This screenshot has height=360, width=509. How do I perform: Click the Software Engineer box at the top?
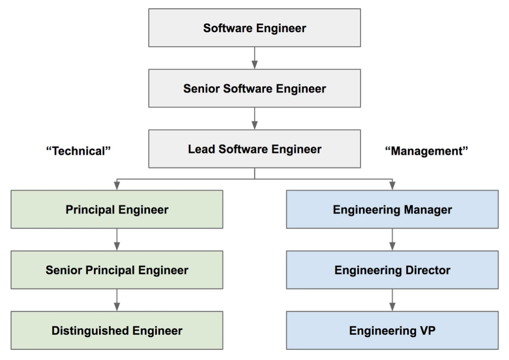click(255, 28)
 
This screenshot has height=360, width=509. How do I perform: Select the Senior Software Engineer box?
click(255, 89)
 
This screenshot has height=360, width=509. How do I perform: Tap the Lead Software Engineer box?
click(255, 149)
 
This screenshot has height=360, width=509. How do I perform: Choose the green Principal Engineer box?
click(117, 209)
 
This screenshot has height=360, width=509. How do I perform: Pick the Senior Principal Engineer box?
click(117, 270)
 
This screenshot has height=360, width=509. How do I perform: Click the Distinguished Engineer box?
click(117, 331)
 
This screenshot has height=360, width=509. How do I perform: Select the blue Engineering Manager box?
click(392, 209)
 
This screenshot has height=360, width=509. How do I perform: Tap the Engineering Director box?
click(392, 270)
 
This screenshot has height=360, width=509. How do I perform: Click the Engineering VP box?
click(392, 331)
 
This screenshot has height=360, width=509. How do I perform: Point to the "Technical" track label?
click(78, 151)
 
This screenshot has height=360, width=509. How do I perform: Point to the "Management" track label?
click(427, 151)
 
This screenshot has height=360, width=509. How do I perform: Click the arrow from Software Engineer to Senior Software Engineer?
click(255, 58)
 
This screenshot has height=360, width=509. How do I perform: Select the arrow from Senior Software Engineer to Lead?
click(255, 118)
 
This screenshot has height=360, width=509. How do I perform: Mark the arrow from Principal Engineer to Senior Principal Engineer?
click(117, 240)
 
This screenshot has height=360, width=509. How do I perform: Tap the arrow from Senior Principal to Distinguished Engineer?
click(117, 300)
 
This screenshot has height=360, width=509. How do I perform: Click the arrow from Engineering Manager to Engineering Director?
click(392, 240)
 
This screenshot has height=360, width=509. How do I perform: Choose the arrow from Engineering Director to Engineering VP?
click(392, 300)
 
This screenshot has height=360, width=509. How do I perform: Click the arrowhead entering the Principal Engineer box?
click(117, 187)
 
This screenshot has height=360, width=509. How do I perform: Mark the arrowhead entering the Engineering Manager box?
click(392, 187)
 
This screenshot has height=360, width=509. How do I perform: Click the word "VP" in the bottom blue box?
click(426, 331)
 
